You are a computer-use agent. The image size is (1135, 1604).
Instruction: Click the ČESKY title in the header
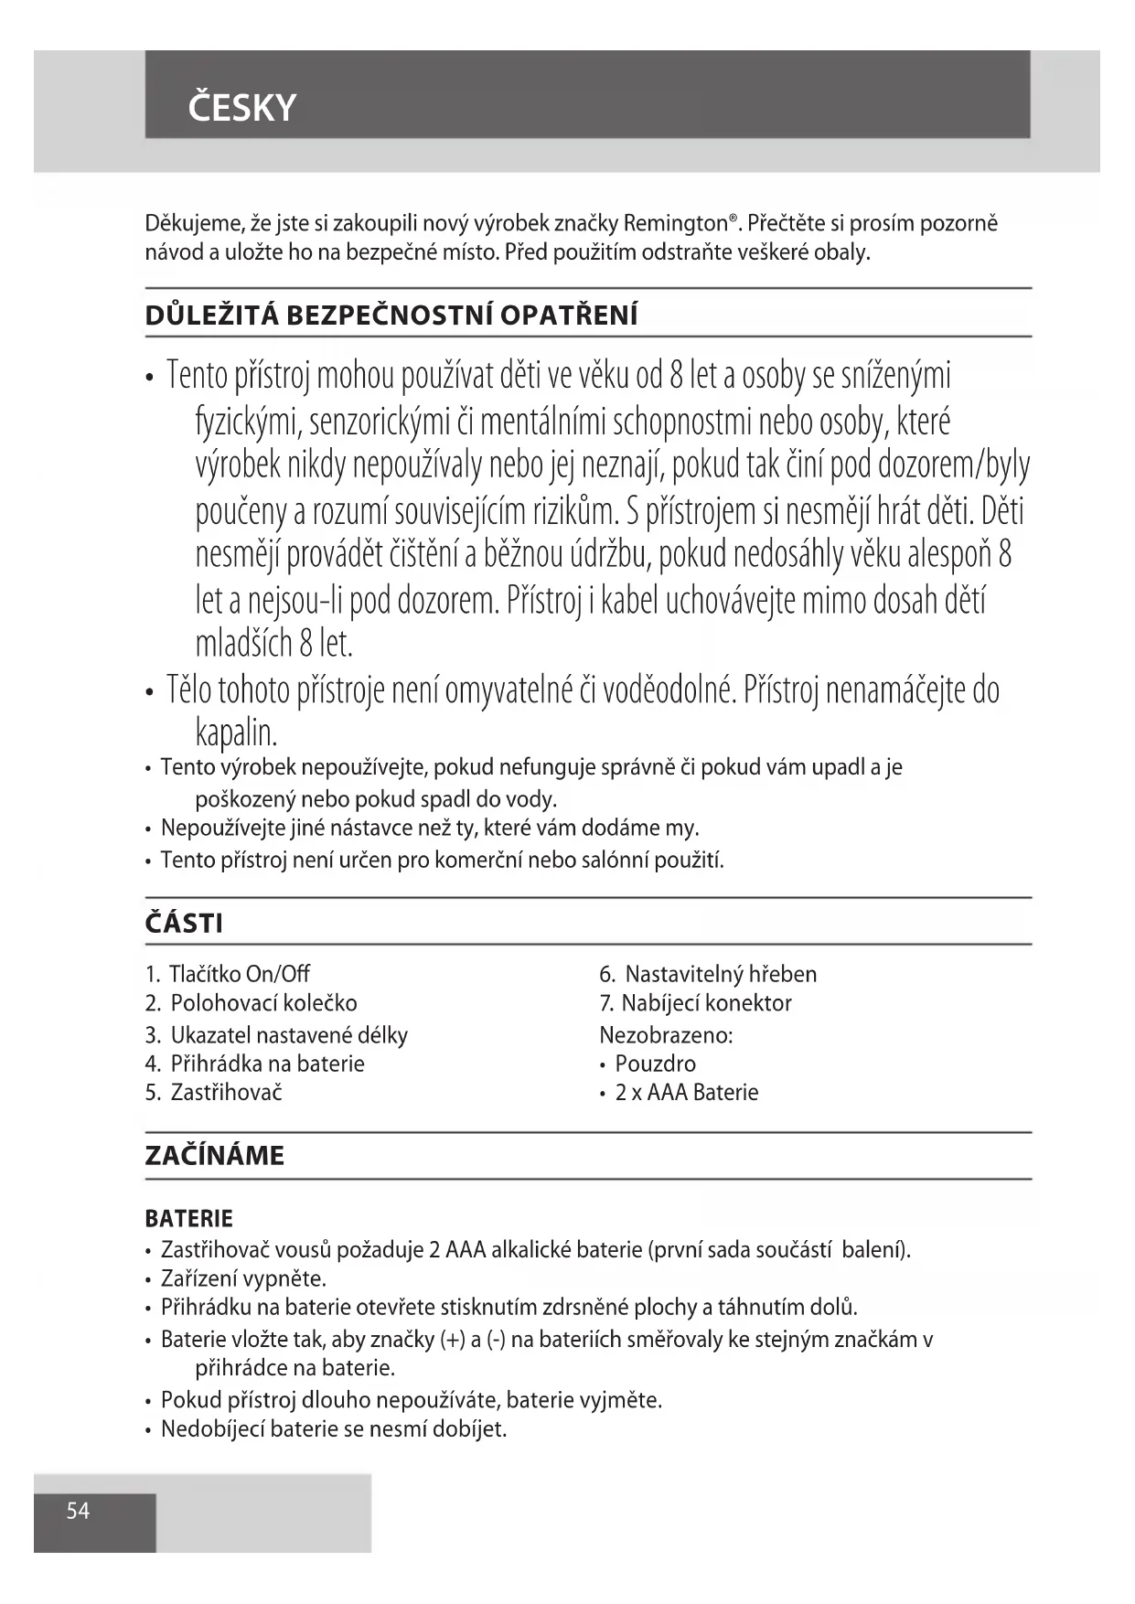(x=242, y=108)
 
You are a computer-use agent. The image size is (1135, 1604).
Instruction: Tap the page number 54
(x=78, y=1511)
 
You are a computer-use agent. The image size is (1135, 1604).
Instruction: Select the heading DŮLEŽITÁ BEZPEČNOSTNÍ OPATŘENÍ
(x=391, y=315)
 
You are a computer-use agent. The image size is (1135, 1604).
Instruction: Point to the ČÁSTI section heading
(x=184, y=923)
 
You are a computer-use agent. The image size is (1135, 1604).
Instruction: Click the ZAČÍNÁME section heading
(x=215, y=1156)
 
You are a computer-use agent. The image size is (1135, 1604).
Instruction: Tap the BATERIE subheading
(x=189, y=1218)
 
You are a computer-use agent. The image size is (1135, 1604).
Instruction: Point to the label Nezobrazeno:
(x=666, y=1035)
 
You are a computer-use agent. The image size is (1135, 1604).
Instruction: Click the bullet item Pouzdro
(x=655, y=1064)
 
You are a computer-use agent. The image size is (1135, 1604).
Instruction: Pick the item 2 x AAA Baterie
(x=687, y=1092)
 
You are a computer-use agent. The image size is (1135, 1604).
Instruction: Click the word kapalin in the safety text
(x=236, y=732)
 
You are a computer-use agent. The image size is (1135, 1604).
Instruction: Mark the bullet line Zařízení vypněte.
(x=243, y=1278)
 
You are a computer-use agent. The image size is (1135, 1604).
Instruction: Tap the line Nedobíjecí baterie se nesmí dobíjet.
(x=334, y=1428)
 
